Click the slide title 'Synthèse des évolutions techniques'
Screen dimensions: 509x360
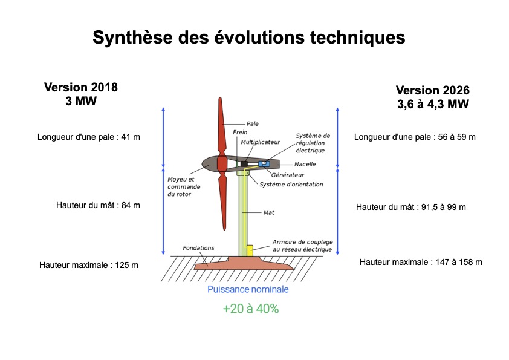tap(248, 38)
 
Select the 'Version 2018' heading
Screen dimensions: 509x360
tap(81, 87)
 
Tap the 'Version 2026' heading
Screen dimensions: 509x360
tap(433, 90)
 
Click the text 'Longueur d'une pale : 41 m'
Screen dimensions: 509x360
tap(89, 137)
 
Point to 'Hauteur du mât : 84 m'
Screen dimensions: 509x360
tap(98, 205)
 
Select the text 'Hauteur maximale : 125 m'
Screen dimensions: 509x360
tap(89, 265)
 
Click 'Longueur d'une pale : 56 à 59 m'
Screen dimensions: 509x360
tap(415, 137)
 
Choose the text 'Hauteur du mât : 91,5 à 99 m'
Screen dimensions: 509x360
tap(410, 207)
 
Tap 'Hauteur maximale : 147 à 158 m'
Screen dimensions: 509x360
tap(421, 262)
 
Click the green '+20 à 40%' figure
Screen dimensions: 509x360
tap(251, 309)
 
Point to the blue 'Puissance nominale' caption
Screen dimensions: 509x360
tap(248, 289)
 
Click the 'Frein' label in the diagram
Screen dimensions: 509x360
tap(240, 133)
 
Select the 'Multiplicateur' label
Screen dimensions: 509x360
tap(261, 142)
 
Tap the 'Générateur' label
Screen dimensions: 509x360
tap(288, 175)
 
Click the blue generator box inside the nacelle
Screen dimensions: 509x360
tap(264, 164)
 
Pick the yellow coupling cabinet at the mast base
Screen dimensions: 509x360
tap(250, 250)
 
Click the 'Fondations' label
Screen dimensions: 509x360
tap(198, 248)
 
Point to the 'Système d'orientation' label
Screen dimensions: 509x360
tap(291, 184)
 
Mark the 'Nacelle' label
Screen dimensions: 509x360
tap(305, 164)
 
